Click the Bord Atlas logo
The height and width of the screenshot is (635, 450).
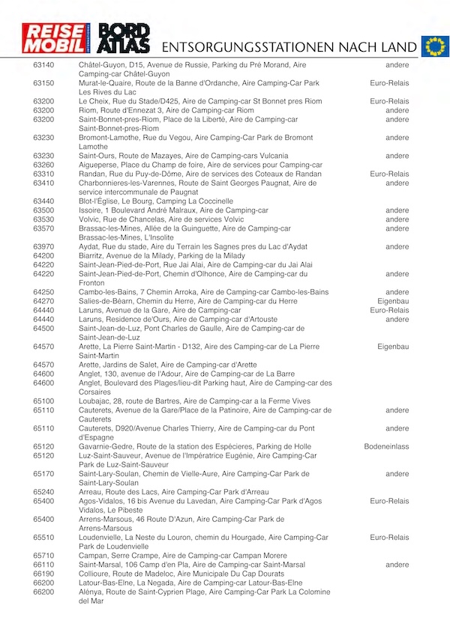[x=124, y=40]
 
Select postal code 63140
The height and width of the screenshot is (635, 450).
[x=43, y=65]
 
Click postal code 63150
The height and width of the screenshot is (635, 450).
[x=43, y=83]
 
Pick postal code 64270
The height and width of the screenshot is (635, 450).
[x=43, y=301]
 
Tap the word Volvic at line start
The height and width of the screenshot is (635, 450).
[x=90, y=220]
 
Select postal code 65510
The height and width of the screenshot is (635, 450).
[x=43, y=538]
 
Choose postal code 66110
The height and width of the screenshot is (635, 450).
[x=43, y=565]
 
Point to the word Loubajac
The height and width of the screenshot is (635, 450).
[x=97, y=401]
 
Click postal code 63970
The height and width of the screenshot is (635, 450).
[x=43, y=247]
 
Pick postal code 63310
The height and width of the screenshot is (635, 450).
[x=43, y=174]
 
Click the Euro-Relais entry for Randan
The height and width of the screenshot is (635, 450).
[x=389, y=174]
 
